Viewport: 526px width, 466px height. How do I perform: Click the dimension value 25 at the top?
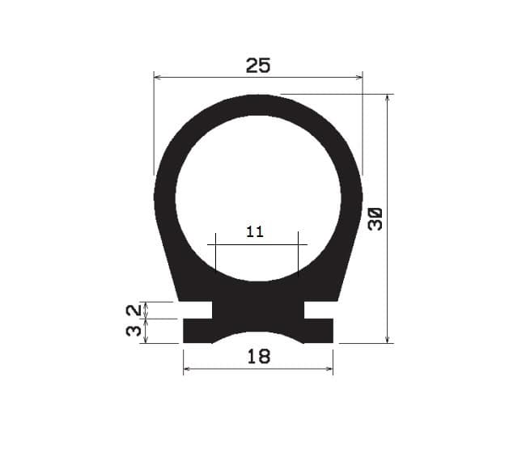(x=257, y=66)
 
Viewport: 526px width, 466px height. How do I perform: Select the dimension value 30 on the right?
(x=375, y=218)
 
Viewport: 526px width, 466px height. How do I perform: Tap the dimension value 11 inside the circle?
(x=255, y=232)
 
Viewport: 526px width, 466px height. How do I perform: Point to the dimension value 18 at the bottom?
(x=258, y=356)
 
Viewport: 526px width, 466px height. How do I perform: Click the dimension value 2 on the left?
(x=134, y=310)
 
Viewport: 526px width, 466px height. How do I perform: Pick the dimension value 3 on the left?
(x=134, y=331)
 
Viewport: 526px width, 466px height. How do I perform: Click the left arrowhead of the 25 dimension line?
(x=157, y=78)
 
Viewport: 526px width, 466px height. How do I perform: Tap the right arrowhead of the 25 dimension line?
(x=359, y=78)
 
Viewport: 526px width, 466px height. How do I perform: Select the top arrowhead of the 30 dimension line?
(x=388, y=98)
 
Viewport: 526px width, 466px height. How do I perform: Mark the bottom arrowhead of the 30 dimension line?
(x=388, y=340)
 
